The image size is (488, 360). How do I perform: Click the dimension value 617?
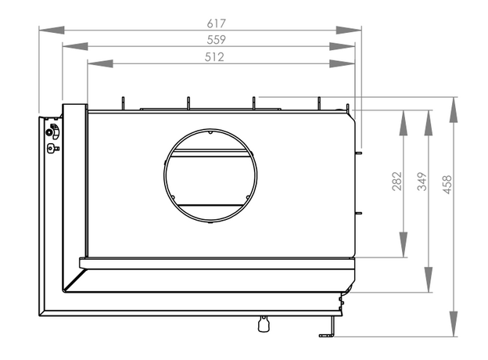[216, 23]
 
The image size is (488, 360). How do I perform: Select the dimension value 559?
[216, 40]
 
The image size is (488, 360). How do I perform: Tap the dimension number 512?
[214, 57]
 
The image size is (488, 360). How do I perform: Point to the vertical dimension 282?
[397, 181]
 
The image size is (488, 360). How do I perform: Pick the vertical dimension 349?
[422, 182]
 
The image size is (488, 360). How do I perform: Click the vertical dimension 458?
[447, 185]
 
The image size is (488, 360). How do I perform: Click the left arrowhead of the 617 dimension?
[52, 31]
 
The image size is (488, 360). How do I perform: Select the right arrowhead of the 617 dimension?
[349, 31]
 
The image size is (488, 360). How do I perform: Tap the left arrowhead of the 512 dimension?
[100, 63]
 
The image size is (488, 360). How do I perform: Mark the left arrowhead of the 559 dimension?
[75, 46]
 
